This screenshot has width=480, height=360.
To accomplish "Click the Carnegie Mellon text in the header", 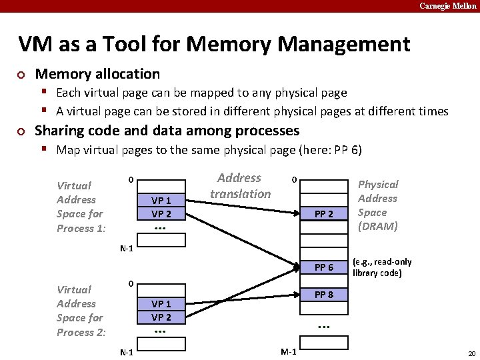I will coord(447,5).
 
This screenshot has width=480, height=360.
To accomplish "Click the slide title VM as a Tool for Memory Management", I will coord(214,44).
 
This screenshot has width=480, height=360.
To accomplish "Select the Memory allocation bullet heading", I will coord(97,74).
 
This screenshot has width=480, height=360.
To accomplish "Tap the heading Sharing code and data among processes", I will coord(167,131).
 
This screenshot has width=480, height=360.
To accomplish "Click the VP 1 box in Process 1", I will coord(161,201).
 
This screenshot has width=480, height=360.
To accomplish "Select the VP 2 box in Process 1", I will coord(161,214).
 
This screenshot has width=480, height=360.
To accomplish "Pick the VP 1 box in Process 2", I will coord(161,304).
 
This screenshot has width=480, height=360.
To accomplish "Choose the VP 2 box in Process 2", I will coord(161,317).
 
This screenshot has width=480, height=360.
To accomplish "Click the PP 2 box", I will coord(323,214).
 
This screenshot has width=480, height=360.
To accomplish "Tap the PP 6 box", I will coord(323,267).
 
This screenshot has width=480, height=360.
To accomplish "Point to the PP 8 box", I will coord(323,295).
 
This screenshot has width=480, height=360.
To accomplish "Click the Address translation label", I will coord(240,186).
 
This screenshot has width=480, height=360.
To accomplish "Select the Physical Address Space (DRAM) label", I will coord(378,205).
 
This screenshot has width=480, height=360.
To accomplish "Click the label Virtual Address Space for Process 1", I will coord(80,207).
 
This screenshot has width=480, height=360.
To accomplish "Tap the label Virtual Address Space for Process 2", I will coord(80,311).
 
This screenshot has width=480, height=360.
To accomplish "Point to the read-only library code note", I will coord(382,268).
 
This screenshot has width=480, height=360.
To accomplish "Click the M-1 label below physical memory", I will coord(289,351).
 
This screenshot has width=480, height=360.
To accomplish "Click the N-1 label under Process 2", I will coord(125,351).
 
